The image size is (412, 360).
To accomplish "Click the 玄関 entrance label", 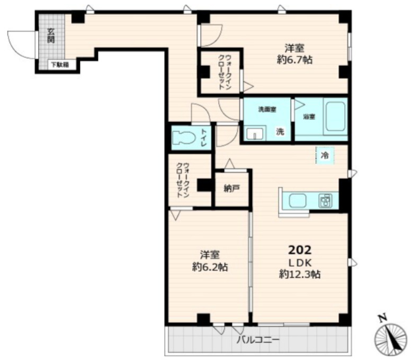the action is click(51, 35).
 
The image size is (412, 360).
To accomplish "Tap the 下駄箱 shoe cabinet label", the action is click(60, 65).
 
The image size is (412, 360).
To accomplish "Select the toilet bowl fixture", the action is click(183, 137).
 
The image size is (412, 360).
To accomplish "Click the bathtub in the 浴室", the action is click(335, 116).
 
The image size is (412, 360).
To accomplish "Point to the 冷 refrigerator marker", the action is click(325, 155).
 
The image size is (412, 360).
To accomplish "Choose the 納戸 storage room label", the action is click(232, 188).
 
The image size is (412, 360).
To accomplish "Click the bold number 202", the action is click(300, 250).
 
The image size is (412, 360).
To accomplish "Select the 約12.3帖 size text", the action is click(300, 275).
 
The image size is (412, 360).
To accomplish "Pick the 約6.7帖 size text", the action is click(294, 60).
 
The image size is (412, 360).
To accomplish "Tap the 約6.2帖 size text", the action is click(210, 267).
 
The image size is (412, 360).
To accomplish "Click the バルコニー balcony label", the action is click(258, 340).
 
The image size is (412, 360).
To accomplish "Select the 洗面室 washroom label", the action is click(267, 109).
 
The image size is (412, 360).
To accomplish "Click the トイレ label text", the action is click(204, 138).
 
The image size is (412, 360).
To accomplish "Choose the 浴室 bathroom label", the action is click(309, 116).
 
